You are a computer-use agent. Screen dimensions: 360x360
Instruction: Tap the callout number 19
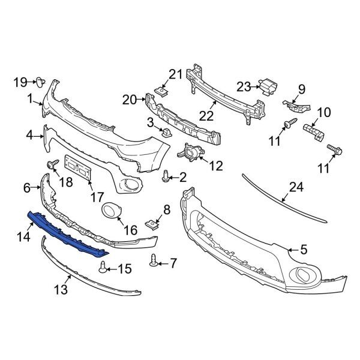20,81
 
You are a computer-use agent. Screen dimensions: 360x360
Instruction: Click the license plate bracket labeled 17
77,167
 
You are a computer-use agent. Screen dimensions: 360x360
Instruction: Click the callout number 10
323,112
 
